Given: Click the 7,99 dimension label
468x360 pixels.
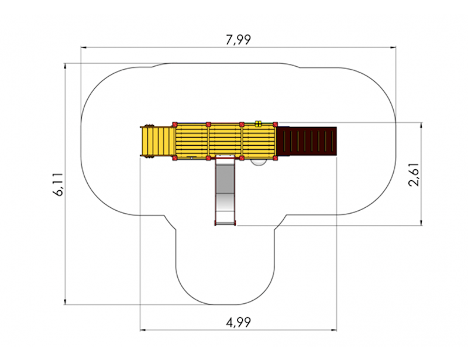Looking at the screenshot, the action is pyautogui.click(x=238, y=40).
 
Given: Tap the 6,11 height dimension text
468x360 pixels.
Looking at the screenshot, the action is pyautogui.click(x=58, y=184).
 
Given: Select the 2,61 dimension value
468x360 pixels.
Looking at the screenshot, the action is pyautogui.click(x=414, y=174).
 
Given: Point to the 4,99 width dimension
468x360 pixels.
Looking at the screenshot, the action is pyautogui.click(x=238, y=323).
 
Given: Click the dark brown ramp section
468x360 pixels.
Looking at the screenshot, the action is pyautogui.click(x=307, y=141).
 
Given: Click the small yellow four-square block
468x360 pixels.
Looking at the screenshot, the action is pyautogui.click(x=258, y=124).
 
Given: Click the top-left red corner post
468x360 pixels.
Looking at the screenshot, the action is pyautogui.click(x=175, y=124).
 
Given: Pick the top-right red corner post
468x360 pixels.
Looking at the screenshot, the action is pyautogui.click(x=275, y=124).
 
